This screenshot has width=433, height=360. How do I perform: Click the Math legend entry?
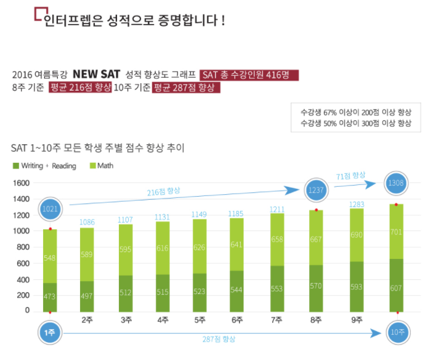(102, 166)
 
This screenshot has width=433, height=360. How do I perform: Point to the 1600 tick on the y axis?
(21, 183)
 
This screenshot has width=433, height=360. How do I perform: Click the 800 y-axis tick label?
(23, 247)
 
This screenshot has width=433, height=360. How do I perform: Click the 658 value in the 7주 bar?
(278, 239)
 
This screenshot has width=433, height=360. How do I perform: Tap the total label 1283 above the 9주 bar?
(357, 204)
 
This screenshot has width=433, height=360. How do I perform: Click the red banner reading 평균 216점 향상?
(80, 88)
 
